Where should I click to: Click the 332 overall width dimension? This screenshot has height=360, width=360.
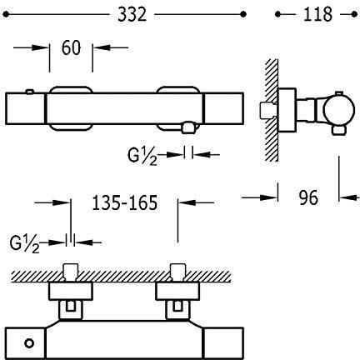132,14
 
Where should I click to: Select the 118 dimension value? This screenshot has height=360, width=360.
317,14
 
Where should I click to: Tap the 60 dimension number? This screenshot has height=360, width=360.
71,47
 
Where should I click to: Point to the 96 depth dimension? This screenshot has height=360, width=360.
308,197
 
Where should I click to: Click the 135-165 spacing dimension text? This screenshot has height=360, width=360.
125,202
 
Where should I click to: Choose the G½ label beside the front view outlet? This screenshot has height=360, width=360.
142,157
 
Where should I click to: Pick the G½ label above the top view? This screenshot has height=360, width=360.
24,244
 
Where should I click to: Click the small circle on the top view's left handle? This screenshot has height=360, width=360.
29,343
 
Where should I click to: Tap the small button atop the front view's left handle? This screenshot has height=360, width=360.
30,92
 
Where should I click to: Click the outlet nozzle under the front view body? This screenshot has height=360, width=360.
188,127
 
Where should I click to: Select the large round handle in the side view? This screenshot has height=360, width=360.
339,110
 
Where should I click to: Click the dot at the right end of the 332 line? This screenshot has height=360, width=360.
243,14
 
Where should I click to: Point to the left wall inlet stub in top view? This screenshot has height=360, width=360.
72,273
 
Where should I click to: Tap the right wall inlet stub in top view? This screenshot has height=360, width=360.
177,273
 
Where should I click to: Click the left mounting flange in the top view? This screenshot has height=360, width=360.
71,292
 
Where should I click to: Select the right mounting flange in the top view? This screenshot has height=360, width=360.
177,292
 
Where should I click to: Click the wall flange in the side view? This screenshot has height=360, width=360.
287,110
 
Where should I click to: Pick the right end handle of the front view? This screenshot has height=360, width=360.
224,108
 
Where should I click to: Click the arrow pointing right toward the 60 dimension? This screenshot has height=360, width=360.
31,47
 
